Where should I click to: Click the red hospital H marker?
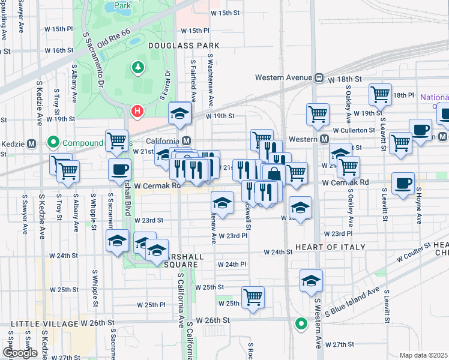tap(137, 111)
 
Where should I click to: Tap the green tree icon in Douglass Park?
tap(139, 67)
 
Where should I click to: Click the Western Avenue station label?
tap(283, 77)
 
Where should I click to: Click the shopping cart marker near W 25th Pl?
tap(253, 297)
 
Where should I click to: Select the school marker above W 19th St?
tap(179, 113)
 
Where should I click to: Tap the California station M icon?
tap(187, 140)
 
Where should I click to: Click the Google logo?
tap(20, 353)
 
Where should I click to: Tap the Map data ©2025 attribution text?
tap(423, 355)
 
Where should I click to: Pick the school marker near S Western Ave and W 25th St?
tap(311, 280)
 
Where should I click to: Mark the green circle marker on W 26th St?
tap(301, 324)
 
